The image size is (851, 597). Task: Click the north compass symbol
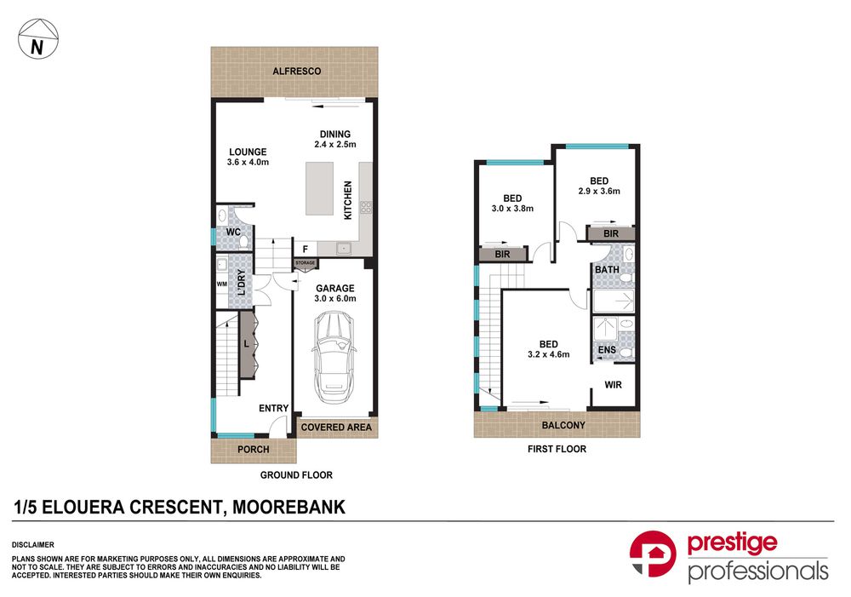[x=38, y=38]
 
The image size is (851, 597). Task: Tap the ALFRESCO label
[x=296, y=72]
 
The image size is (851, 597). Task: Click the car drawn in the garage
[x=334, y=357]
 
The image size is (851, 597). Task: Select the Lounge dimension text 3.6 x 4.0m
[x=248, y=162]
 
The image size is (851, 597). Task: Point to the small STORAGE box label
[x=305, y=263]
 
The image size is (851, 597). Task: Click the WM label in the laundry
[x=222, y=284]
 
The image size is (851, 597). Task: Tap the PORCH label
[x=254, y=450]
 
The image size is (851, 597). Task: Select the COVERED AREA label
[x=336, y=428]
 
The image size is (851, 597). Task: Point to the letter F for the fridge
[x=306, y=250]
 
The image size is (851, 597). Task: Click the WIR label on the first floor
[x=614, y=385]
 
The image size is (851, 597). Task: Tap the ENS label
[x=607, y=350]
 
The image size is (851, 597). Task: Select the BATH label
[x=607, y=269]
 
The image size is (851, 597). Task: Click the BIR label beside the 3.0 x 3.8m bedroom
[x=503, y=255]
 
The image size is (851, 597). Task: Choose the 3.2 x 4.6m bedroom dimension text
[x=549, y=355]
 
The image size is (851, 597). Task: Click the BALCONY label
[x=563, y=425]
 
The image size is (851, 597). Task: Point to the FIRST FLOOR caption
[x=557, y=450]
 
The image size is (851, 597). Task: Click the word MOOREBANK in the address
[x=288, y=507]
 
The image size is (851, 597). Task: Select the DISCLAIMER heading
[x=33, y=545]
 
